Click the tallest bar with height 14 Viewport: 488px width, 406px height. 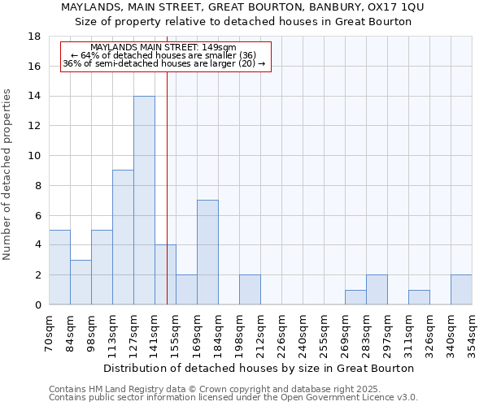click(x=144, y=201)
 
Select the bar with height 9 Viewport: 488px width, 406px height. click(x=123, y=237)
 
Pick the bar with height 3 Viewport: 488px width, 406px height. click(x=81, y=282)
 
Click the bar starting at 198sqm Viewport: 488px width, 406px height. click(x=250, y=290)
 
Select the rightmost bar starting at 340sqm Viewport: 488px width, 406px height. click(x=461, y=290)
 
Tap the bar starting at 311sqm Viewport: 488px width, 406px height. click(x=419, y=297)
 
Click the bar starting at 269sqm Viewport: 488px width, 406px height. click(x=355, y=297)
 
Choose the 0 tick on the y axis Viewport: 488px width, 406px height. click(x=37, y=305)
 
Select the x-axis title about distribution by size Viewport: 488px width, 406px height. click(x=259, y=368)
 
